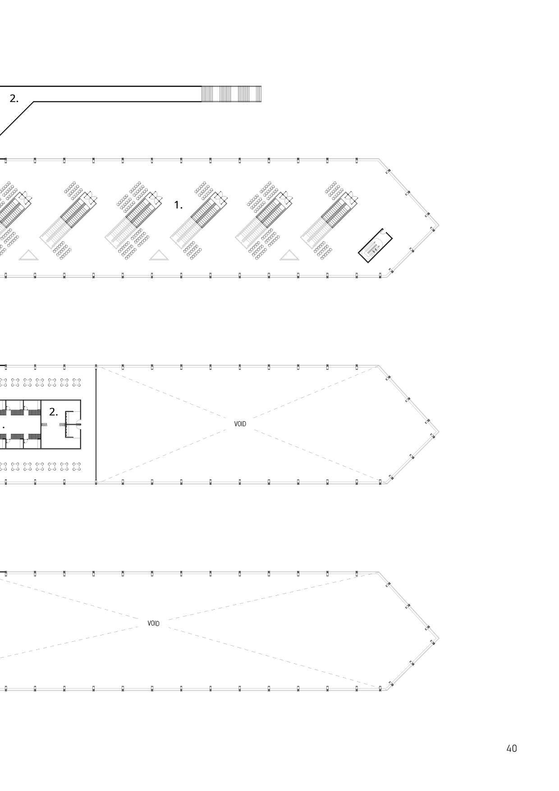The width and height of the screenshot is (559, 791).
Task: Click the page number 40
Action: click(x=511, y=748)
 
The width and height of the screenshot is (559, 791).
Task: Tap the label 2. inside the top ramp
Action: click(x=14, y=99)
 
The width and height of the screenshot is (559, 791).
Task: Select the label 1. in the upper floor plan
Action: click(x=179, y=205)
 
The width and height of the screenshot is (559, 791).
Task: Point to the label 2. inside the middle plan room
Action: click(x=54, y=412)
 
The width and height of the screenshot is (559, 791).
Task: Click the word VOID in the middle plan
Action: click(x=240, y=424)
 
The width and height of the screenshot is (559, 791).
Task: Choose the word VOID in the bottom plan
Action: click(x=153, y=623)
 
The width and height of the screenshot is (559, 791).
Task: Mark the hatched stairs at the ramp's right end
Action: click(x=231, y=94)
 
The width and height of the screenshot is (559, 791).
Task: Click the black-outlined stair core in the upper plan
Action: click(x=375, y=246)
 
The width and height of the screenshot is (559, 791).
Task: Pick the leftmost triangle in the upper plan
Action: click(x=29, y=255)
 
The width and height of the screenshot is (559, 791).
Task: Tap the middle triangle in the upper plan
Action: click(x=159, y=255)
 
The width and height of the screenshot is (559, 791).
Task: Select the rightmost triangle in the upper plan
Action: click(x=289, y=255)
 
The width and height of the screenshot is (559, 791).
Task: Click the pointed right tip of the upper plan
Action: click(x=438, y=225)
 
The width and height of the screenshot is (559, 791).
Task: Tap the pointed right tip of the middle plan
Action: click(x=438, y=432)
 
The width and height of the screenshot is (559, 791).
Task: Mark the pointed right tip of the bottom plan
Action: click(x=438, y=639)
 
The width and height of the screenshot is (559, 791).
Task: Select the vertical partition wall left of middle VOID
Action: click(x=96, y=424)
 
